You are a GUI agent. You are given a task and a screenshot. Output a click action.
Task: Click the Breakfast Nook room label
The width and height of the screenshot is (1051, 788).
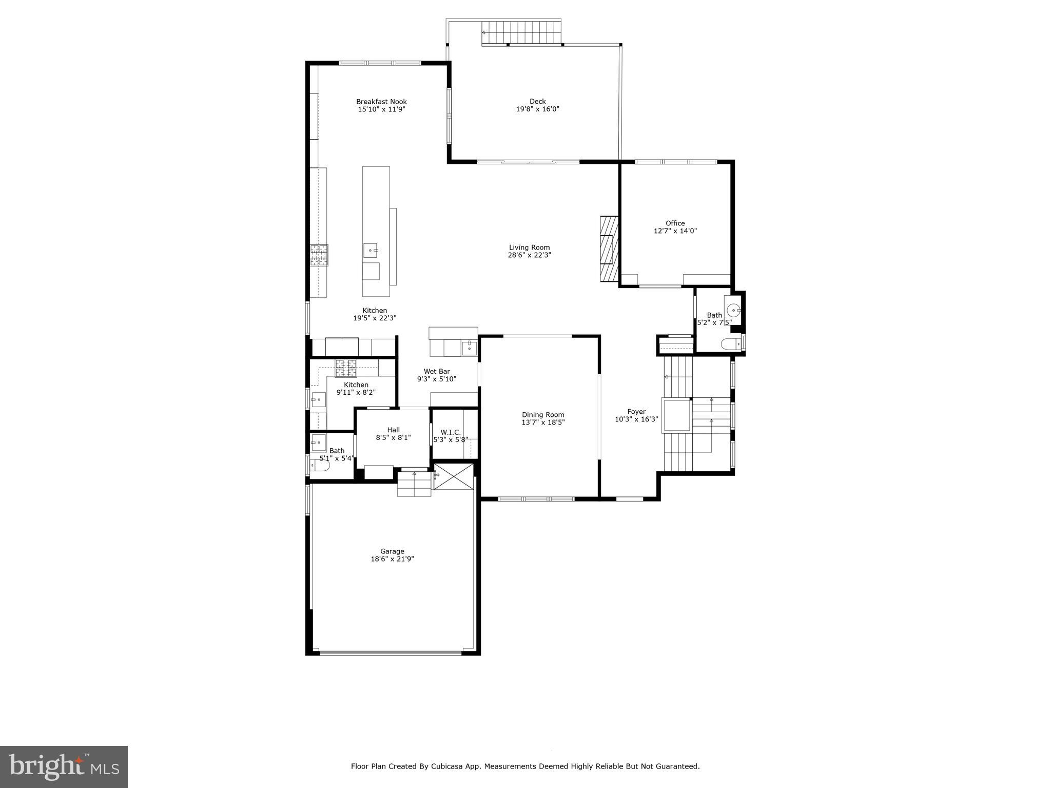coord(381,102)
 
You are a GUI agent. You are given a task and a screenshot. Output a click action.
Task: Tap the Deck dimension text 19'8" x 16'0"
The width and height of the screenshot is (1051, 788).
coord(537,109)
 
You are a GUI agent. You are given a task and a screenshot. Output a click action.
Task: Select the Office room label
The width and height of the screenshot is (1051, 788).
coord(675,223)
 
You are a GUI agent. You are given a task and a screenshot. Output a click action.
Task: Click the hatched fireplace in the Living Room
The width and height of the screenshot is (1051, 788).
coord(609,249)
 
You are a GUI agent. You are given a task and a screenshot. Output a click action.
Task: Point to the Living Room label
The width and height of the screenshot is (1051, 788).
coord(529,247)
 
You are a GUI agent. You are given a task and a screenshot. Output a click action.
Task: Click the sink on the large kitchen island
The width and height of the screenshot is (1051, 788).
coord(370,250)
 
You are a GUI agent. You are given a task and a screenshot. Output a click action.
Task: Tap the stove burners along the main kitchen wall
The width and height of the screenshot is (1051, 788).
coord(319,255)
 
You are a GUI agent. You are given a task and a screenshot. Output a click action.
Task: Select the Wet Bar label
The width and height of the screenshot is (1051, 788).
coord(437,372)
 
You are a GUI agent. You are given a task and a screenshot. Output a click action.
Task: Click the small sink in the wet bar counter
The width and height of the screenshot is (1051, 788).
coord(469,348)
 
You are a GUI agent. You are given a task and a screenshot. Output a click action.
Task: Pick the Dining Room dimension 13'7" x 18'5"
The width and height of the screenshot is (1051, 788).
coord(543,422)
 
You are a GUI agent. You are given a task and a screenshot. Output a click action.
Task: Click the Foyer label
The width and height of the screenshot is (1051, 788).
coord(636,412)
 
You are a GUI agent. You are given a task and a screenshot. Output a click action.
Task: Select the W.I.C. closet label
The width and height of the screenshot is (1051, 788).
coord(451,432)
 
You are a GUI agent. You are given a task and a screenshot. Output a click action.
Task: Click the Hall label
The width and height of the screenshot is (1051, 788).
coord(393,430)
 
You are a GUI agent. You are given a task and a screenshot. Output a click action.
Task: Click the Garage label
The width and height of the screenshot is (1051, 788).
coord(392,551)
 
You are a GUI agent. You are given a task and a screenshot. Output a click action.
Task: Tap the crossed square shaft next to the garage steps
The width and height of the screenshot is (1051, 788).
coord(454,476)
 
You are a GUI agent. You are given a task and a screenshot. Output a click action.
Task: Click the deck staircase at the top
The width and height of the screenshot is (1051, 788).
coord(520,33)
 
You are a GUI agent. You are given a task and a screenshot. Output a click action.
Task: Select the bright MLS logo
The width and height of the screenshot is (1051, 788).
coord(64,767)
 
